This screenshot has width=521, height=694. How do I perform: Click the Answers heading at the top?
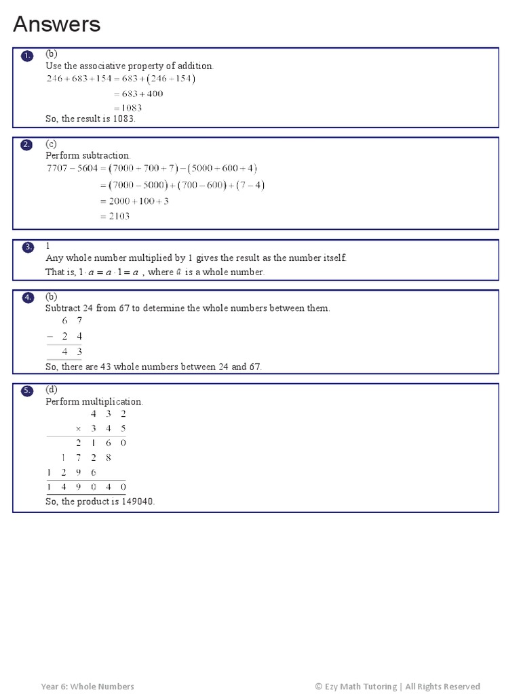tap(57, 24)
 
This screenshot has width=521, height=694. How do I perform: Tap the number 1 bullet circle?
tap(27, 56)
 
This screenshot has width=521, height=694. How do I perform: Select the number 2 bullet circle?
tap(27, 145)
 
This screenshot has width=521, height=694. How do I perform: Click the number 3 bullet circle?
tap(27, 247)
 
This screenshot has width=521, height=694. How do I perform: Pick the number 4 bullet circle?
tap(27, 298)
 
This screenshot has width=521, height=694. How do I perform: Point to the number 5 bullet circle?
tap(27, 391)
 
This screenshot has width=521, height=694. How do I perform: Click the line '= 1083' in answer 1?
tap(128, 108)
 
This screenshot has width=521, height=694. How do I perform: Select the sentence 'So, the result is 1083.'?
tap(91, 119)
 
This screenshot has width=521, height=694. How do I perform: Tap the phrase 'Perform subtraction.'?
tap(88, 155)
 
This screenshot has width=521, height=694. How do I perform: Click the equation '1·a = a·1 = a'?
tap(109, 272)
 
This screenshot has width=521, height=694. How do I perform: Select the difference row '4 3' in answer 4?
tap(72, 351)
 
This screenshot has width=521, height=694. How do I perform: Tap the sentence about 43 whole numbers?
tap(153, 367)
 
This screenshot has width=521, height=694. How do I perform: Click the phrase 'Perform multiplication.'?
tap(94, 401)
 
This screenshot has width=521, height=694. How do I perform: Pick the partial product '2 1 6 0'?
tap(101, 443)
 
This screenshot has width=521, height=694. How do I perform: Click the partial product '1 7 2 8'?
tap(86, 457)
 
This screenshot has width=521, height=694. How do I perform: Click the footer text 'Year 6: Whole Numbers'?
tap(88, 686)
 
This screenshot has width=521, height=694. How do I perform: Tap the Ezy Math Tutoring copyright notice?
tap(397, 686)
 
